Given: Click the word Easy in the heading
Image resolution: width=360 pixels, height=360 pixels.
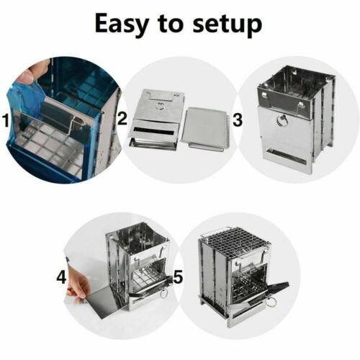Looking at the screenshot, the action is pos(122,24).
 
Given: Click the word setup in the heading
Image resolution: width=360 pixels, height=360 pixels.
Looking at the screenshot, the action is pos(228,24).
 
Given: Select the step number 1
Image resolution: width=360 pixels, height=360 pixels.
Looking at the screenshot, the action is pos(6,120).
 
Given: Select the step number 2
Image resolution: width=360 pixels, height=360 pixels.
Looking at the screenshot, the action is pos(122,119).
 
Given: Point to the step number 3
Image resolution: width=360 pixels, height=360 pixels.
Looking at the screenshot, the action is pos(238,120).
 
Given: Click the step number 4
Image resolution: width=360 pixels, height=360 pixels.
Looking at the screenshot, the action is pos(61,278).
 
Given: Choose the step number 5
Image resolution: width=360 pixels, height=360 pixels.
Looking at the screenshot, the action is pos(178,276).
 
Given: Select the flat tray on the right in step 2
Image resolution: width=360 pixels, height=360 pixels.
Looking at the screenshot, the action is pos(204,130).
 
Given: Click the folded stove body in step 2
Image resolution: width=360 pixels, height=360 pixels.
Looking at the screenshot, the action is pos(157,120).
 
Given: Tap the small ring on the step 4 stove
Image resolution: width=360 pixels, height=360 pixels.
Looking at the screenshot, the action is pos(163,293).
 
